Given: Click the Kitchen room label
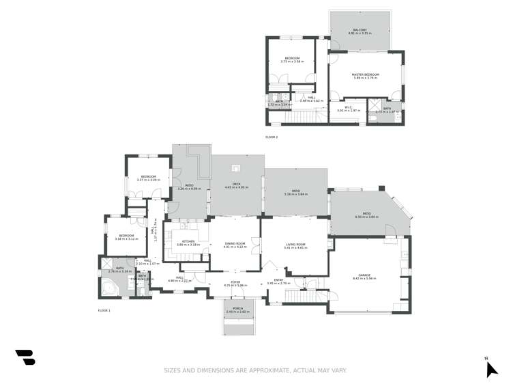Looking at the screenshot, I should [187, 241].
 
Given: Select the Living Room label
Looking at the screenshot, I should [295, 244].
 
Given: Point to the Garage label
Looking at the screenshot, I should [364, 275].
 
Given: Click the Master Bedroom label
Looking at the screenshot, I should [365, 74].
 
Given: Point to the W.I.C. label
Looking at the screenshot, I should [347, 107].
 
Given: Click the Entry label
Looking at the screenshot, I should [279, 279].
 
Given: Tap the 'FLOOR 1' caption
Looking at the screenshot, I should [104, 310].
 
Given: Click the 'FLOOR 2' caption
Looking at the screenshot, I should [272, 137].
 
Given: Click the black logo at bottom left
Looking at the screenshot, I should [25, 357].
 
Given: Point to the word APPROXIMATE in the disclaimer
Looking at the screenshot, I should [262, 370].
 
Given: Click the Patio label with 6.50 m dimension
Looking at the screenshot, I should [366, 215].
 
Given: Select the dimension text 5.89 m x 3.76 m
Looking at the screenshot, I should [365, 78].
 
